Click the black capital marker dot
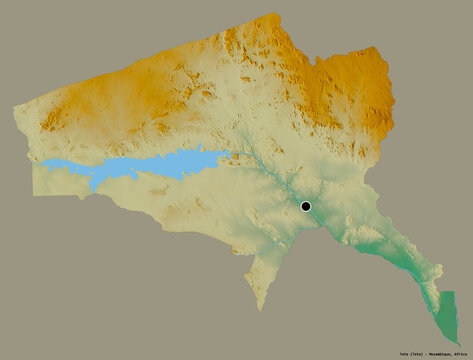(306, 207)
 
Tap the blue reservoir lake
(160, 164)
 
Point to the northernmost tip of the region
(268, 15)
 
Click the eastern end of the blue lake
(226, 155)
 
